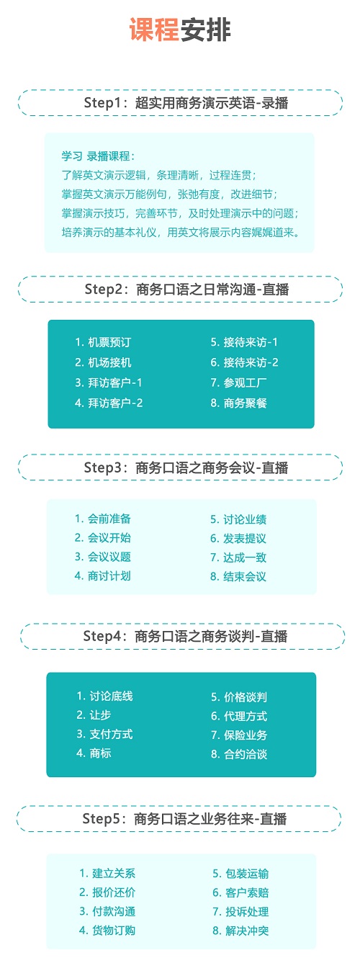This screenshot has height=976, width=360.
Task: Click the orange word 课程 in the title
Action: (155, 30)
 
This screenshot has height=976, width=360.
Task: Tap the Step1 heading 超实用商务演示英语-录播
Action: (186, 103)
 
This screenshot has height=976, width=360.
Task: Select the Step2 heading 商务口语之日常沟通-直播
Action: (186, 290)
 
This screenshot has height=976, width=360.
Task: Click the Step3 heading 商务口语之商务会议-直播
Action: (186, 467)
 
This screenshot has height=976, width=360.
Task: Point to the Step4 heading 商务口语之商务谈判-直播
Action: (186, 636)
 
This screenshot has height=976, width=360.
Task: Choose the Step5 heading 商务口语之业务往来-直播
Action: (184, 819)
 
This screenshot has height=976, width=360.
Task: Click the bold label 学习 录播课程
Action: (98, 156)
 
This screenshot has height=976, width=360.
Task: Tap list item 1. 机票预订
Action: (103, 342)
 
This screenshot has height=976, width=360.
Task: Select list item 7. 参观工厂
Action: (238, 382)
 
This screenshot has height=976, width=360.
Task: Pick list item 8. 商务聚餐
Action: (238, 403)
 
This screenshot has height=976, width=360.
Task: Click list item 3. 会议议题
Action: (103, 557)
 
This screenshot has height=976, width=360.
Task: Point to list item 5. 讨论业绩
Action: (238, 519)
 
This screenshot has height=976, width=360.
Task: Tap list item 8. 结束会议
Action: (238, 577)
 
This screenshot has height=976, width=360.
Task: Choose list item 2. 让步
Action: (94, 715)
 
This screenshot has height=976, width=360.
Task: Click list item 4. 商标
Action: (94, 753)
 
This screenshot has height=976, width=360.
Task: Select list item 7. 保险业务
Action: (239, 735)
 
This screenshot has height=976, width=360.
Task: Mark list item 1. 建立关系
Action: (107, 873)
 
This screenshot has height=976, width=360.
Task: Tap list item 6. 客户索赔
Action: (240, 892)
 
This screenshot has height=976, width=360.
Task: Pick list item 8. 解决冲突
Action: (240, 931)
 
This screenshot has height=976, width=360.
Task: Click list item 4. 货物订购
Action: (107, 930)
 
